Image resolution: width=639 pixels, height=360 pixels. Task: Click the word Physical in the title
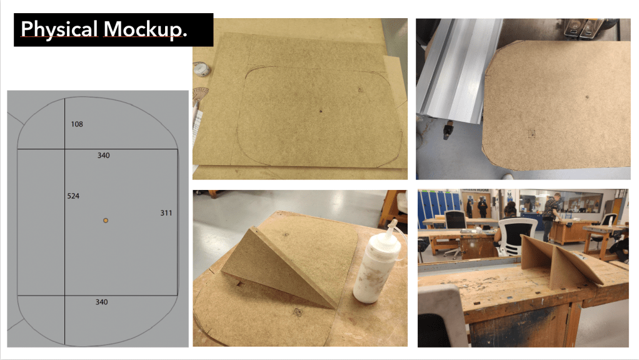click(59, 29)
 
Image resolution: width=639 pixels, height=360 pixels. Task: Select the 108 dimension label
click(77, 124)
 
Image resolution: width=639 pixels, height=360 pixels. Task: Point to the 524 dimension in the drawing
click(73, 196)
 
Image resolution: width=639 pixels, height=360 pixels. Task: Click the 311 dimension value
click(166, 213)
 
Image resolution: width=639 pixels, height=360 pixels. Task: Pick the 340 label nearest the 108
click(104, 155)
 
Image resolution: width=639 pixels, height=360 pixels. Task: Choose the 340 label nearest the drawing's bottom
click(101, 302)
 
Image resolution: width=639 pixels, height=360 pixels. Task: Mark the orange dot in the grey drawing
click(106, 221)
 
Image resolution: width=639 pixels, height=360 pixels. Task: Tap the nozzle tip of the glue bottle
click(394, 221)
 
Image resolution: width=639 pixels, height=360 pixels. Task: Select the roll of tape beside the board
click(201, 69)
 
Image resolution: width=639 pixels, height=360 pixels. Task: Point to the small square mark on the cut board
click(531, 134)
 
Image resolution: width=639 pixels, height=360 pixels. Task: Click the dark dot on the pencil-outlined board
click(321, 111)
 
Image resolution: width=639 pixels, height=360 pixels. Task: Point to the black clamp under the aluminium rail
click(448, 131)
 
